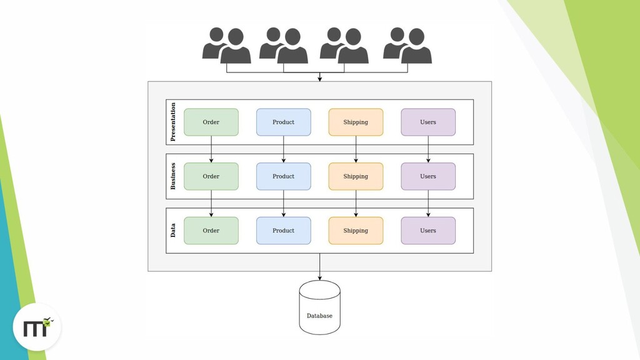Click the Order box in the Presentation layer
[211, 122]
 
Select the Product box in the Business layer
[283, 176]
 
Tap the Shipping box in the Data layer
[356, 231]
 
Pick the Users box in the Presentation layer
[428, 122]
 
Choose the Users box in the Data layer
[428, 231]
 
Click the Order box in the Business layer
[211, 176]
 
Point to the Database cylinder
[319, 307]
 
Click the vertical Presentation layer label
[173, 122]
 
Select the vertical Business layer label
[173, 176]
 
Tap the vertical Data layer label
[173, 231]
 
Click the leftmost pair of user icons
[226, 46]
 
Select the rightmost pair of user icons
[407, 46]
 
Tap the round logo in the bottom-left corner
[37, 327]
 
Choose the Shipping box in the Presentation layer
[356, 122]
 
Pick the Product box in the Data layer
[283, 231]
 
